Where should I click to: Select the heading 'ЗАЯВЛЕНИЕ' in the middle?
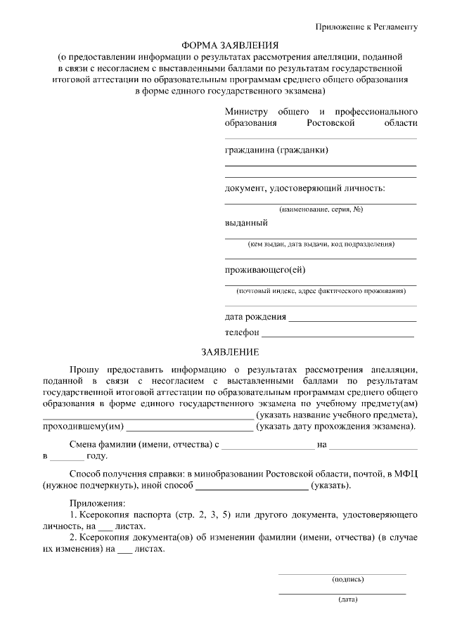[x=229, y=351]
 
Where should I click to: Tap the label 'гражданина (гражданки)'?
[x=276, y=150]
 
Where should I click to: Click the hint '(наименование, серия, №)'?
[x=321, y=209]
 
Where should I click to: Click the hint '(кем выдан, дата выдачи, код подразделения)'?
[x=321, y=245]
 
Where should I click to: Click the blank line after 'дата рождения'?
[x=352, y=318]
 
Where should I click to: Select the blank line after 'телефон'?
[x=337, y=333]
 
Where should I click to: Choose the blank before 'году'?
[x=66, y=457]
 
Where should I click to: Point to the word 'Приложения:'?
[x=97, y=504]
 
